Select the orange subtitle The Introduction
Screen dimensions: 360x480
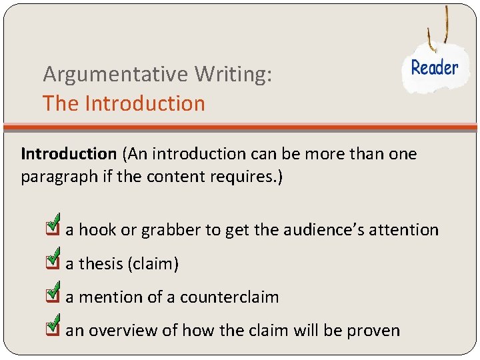(x=124, y=103)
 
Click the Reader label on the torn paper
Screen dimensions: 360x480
(x=435, y=67)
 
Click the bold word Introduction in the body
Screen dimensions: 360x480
(x=69, y=154)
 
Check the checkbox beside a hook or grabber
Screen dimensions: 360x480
(x=53, y=227)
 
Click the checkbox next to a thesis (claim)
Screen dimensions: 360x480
(x=53, y=261)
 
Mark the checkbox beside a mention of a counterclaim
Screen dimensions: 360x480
(x=53, y=295)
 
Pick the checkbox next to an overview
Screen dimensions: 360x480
(x=53, y=327)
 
